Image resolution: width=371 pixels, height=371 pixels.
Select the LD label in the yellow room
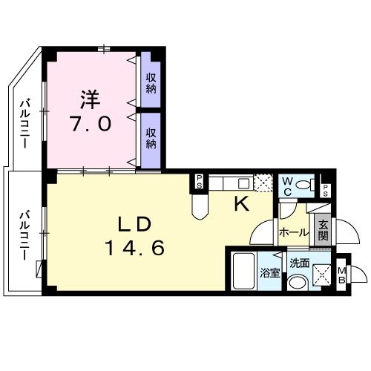click(x=134, y=223)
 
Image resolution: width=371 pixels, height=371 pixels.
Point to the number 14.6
click(x=134, y=248)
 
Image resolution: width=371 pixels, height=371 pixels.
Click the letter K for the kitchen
click(x=241, y=205)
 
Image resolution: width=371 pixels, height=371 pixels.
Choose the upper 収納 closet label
click(x=151, y=82)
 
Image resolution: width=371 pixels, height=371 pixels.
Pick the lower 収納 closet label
click(x=151, y=138)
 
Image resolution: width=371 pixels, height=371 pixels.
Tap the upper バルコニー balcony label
click(x=24, y=122)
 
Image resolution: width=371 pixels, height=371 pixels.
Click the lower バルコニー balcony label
click(x=24, y=233)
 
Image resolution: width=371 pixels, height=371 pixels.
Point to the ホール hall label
click(x=294, y=232)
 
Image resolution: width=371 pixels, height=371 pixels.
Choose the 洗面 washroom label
click(x=299, y=262)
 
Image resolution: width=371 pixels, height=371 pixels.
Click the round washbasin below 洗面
click(x=297, y=281)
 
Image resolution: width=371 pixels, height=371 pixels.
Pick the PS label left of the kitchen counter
click(x=200, y=181)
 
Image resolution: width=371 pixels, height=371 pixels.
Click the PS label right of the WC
click(x=325, y=186)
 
